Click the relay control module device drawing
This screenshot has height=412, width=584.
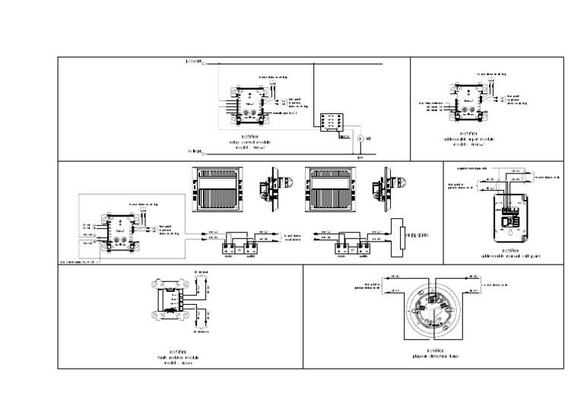[251, 105]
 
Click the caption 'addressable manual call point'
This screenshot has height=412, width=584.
[511, 256]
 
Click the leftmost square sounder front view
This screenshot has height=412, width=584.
[219, 190]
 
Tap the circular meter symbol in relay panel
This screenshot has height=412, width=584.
[360, 140]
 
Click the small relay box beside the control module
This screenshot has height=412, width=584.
[332, 122]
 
